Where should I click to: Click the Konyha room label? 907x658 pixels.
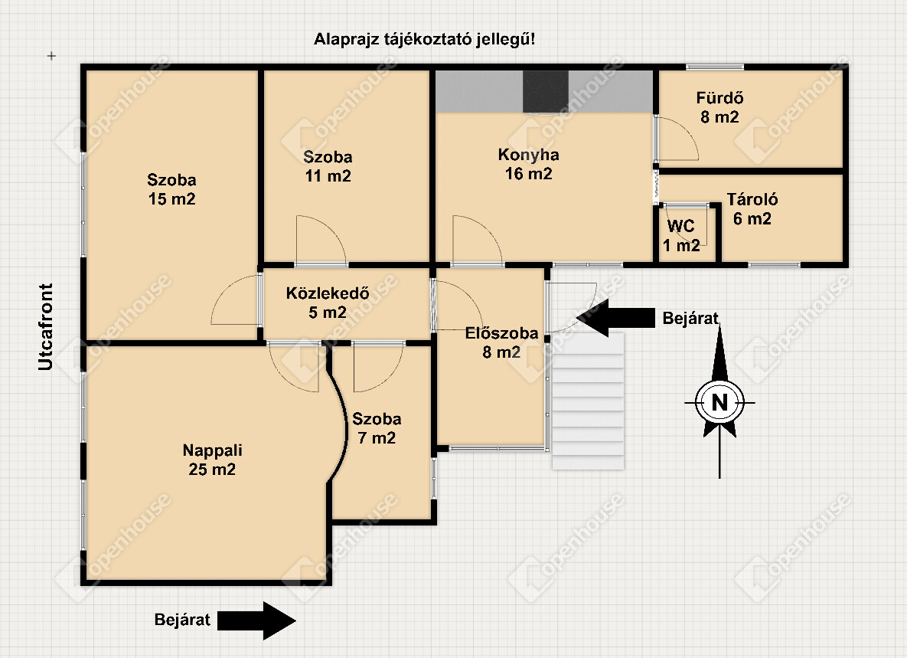[x=528, y=164]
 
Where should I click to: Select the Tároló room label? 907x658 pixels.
[x=752, y=209]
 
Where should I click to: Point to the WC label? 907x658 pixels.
[x=681, y=235]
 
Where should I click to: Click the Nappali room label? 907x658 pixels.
[x=211, y=460]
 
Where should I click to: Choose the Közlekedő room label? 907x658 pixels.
[x=328, y=303]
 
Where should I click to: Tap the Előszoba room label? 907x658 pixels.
[x=501, y=343]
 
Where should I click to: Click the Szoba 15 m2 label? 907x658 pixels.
[x=171, y=190]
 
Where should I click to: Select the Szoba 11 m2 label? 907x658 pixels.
[x=328, y=166]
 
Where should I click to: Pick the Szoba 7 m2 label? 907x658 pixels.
[x=376, y=428]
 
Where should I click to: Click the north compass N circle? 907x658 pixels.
[x=719, y=402]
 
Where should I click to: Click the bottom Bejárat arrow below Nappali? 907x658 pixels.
[x=256, y=620]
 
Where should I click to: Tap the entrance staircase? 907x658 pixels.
[x=588, y=401]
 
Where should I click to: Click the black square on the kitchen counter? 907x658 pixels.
[x=546, y=91]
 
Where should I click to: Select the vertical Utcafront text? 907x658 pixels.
[x=47, y=328]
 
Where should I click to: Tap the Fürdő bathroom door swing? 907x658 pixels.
[x=677, y=138]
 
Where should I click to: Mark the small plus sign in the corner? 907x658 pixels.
[x=51, y=56]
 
